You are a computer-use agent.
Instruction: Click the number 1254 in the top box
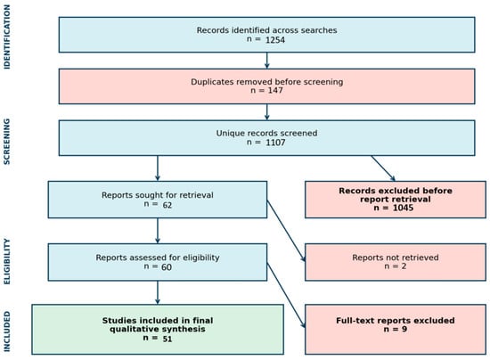(275, 40)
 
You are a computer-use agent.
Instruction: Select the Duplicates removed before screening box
(267, 86)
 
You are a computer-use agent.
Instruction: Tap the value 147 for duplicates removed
(275, 90)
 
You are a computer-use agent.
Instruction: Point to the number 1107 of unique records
(275, 143)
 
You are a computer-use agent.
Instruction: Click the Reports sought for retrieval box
(158, 200)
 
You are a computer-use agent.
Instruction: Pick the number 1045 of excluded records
(403, 208)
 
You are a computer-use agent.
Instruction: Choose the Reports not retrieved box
(396, 262)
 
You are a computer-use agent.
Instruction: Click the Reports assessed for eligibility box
(158, 262)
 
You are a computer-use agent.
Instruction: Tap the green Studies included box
(158, 330)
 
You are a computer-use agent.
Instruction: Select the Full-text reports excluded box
(396, 330)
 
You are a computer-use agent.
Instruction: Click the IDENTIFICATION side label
(7, 37)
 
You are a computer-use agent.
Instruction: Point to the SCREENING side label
(7, 142)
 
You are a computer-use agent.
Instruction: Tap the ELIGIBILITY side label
(7, 262)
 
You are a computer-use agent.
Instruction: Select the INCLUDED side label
(7, 331)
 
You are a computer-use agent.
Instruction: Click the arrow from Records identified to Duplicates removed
(267, 61)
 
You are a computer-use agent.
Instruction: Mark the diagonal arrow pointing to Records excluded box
(383, 168)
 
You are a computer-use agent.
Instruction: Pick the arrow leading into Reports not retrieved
(286, 231)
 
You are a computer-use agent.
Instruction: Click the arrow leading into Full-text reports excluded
(286, 295)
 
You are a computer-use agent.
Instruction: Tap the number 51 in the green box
(167, 339)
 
